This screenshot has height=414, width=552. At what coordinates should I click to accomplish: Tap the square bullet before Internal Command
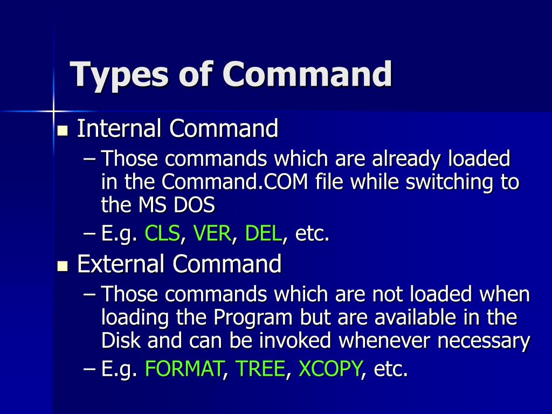click(63, 131)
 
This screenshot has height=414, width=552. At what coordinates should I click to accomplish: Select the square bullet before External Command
click(63, 266)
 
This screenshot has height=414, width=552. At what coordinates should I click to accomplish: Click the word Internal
click(119, 129)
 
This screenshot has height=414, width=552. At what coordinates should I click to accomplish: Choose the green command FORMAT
click(184, 369)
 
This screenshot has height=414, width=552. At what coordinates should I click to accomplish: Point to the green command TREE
click(260, 369)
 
